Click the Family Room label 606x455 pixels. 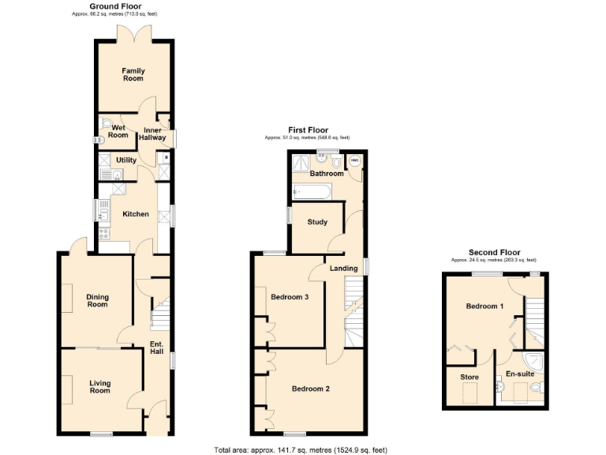133,75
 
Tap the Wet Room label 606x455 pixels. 118,131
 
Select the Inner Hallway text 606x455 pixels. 152,133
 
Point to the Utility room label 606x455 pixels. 126,160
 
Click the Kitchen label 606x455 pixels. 136,214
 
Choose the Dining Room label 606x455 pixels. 97,301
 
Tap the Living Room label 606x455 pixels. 99,387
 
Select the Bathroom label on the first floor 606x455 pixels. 326,174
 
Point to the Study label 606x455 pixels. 317,222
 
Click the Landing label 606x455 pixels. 343,269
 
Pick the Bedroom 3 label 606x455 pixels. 290,298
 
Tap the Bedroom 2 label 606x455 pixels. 310,389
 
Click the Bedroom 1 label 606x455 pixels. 484,306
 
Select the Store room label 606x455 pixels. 469,378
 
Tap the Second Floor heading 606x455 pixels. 493,253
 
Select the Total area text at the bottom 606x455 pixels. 300,450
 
